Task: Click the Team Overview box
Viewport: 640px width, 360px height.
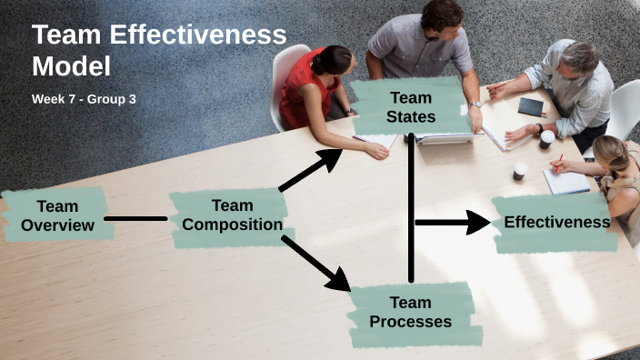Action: point(57,215)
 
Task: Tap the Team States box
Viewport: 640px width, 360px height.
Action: point(410,106)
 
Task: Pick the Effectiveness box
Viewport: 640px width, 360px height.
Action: point(555,223)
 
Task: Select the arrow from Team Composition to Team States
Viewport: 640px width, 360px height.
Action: point(310,170)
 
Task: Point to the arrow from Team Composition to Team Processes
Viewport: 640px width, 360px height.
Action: point(315,264)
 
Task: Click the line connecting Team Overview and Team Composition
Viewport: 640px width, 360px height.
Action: point(135,218)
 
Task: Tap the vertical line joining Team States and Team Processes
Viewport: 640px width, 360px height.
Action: point(411,209)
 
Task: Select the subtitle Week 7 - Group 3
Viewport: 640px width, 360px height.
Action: point(84,98)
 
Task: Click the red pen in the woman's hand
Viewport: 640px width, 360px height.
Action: point(558,161)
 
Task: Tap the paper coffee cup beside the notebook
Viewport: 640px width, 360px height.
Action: point(520,170)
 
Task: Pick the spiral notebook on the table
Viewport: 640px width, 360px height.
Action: point(565,182)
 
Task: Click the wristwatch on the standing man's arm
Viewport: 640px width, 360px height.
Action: point(475,105)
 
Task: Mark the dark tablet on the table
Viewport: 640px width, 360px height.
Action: point(530,107)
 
